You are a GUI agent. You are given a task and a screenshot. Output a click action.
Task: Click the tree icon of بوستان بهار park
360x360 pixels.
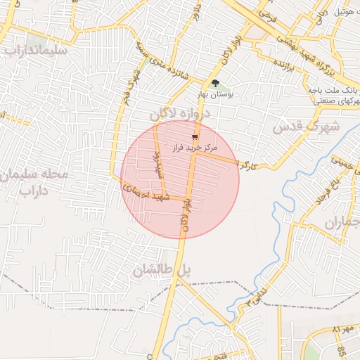(x=215, y=83)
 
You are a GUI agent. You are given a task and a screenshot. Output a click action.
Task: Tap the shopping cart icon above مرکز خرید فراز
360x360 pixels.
(x=195, y=138)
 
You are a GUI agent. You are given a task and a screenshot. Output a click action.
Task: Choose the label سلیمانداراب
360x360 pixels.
(x=34, y=51)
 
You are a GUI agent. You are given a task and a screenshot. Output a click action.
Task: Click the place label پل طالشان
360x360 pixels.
(x=162, y=269)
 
